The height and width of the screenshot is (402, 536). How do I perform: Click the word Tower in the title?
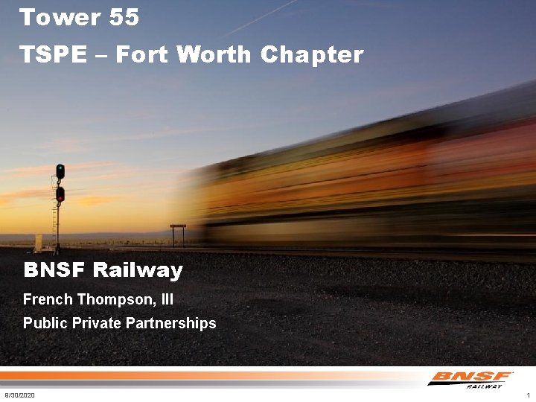coord(51,17)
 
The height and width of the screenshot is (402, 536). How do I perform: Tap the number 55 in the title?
coord(123,17)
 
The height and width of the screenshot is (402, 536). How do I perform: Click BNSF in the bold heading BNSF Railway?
coord(54,269)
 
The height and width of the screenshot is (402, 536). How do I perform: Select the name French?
coord(48,299)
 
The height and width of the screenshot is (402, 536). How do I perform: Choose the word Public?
coord(42,323)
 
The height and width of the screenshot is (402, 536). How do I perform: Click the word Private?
coord(93,323)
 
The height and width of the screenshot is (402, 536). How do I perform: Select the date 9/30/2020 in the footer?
coord(19,395)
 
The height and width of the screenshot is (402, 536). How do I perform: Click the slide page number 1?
coord(527,395)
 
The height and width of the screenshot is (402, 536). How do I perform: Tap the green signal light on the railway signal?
coord(60,169)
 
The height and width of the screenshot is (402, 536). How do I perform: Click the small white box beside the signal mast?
coord(38,243)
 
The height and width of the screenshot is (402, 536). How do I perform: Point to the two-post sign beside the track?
coord(178,233)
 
